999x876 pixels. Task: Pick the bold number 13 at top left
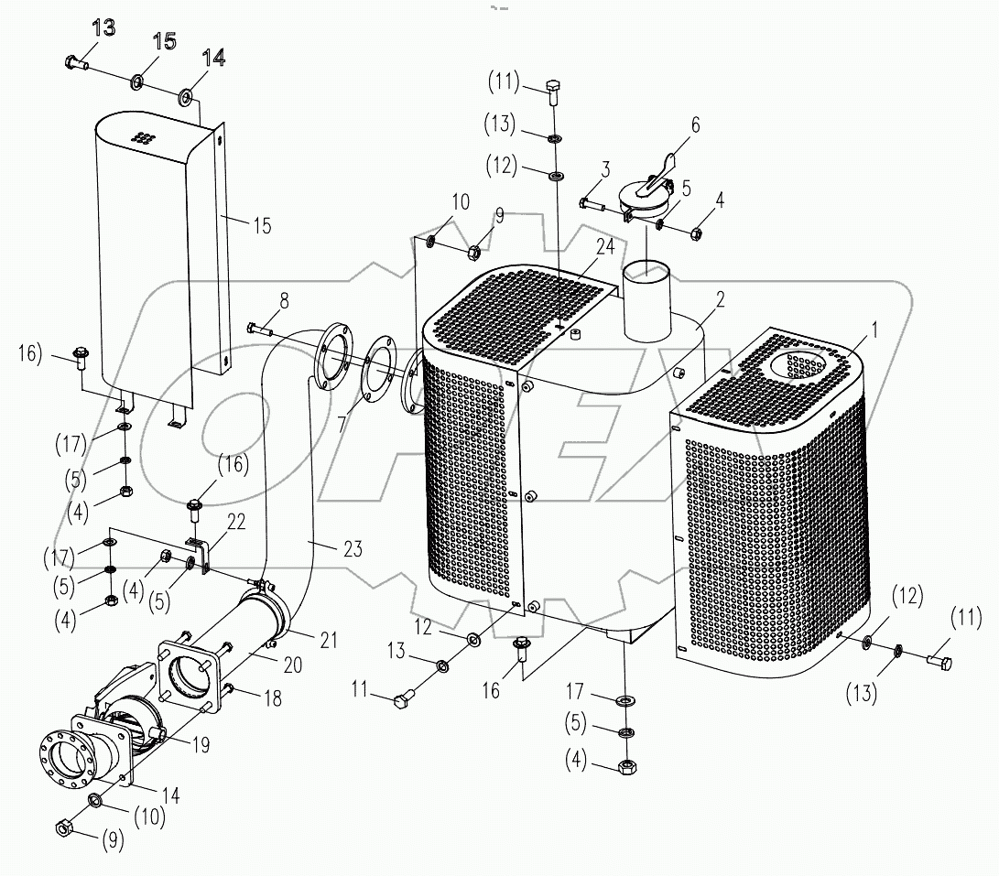(103, 28)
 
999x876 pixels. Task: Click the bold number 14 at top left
(212, 58)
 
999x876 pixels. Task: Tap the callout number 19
(201, 745)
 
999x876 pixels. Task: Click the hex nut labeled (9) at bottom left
(64, 828)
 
